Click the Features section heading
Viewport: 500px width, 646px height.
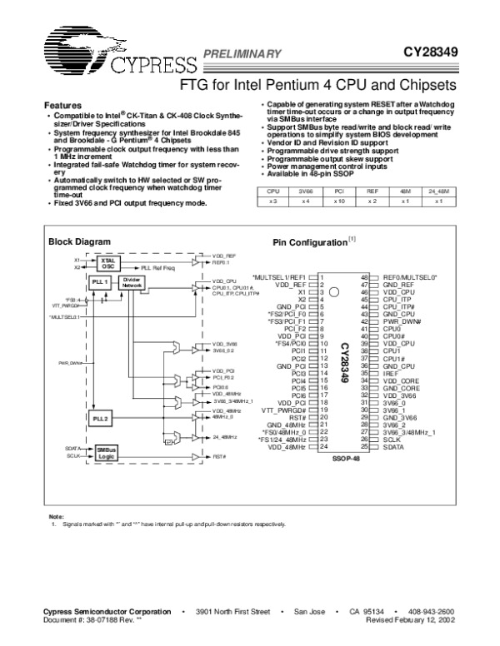pos(62,106)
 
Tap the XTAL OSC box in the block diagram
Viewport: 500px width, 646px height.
pos(106,262)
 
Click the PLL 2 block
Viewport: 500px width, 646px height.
pos(101,417)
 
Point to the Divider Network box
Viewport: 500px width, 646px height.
pos(132,283)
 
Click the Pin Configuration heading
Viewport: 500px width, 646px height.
pos(309,242)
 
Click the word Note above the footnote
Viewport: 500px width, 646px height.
pos(56,516)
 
